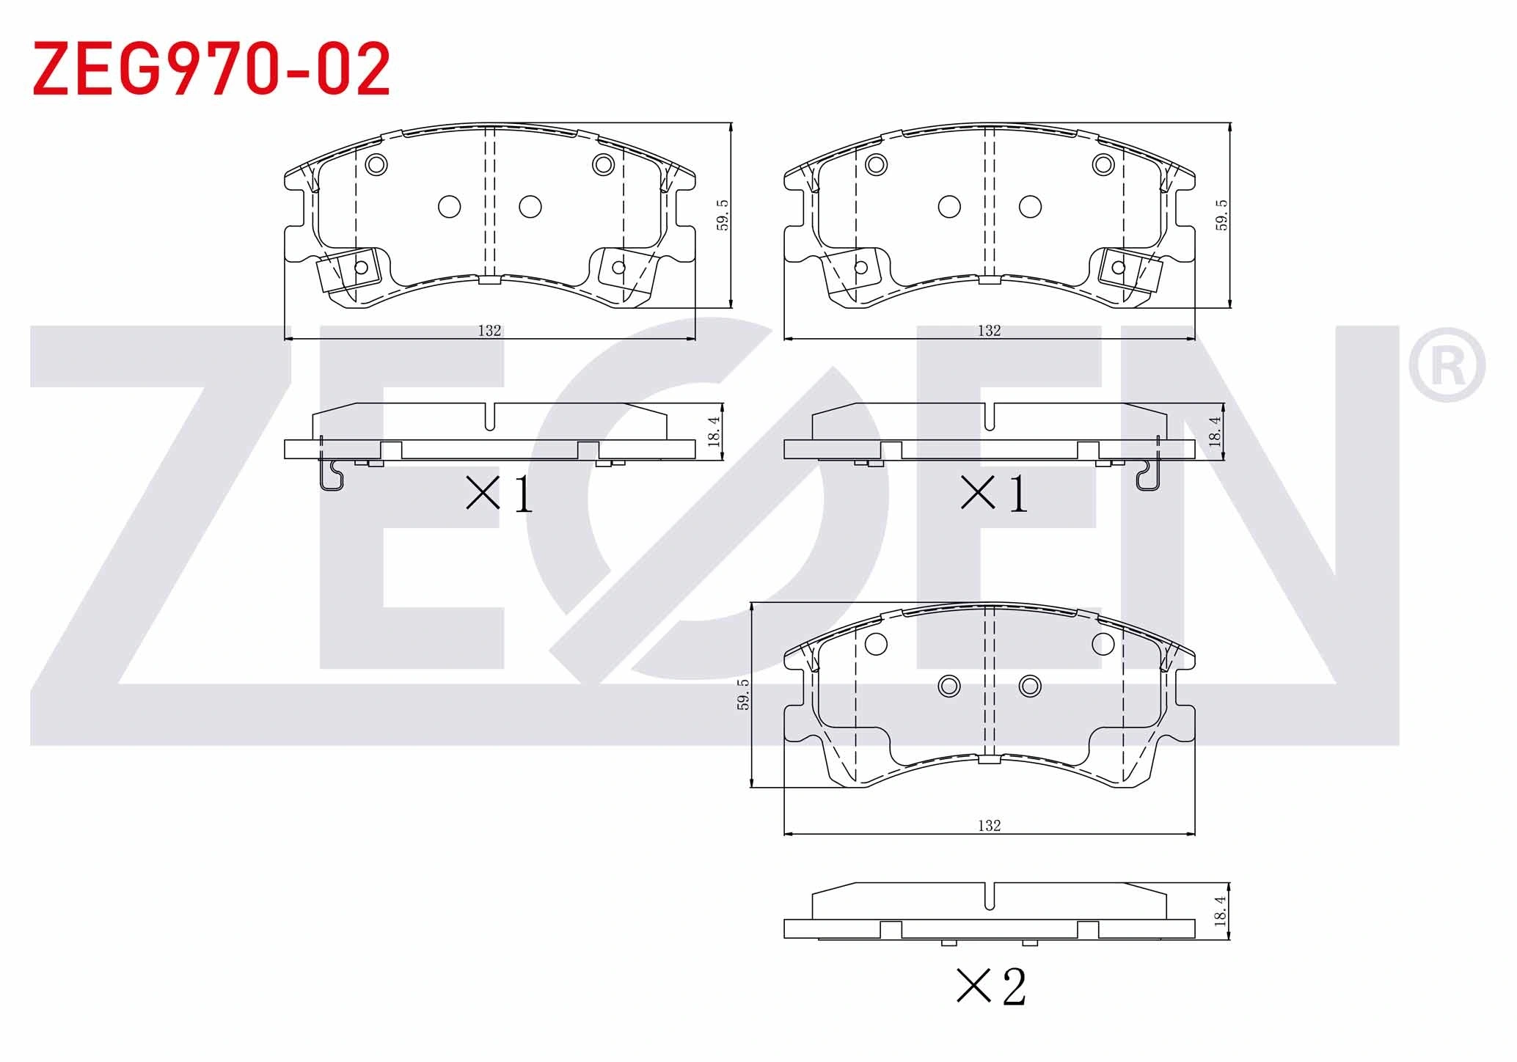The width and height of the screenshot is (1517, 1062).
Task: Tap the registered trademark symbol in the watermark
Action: [x=1447, y=365]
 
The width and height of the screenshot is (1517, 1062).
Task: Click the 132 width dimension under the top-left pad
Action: [x=489, y=331]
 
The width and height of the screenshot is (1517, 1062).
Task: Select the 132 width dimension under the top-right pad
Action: [x=989, y=331]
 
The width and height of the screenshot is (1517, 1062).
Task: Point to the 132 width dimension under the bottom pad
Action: [x=989, y=826]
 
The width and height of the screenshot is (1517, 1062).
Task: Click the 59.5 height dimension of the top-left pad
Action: [x=723, y=216]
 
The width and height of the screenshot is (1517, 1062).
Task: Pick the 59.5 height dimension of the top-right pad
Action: [x=1221, y=216]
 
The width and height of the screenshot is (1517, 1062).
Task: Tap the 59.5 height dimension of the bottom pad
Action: [x=743, y=695]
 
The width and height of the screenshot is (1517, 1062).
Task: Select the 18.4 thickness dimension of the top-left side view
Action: [x=714, y=431]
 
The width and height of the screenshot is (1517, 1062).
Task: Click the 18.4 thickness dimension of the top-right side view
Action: [x=1214, y=431]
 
